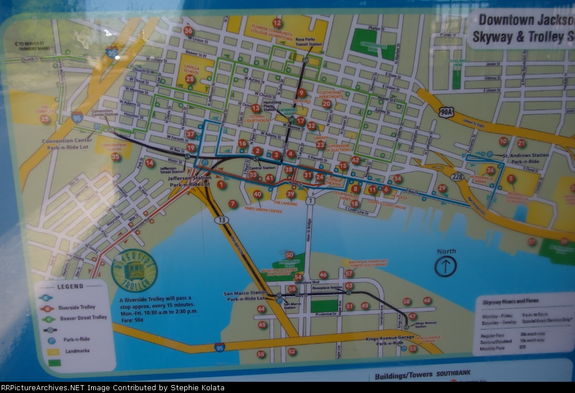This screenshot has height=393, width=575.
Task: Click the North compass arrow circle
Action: tap(445, 266)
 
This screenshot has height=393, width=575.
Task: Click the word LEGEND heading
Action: tap(70, 286)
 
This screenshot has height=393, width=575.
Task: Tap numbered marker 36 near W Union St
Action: tap(188, 31)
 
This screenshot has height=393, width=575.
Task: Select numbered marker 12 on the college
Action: tap(276, 23)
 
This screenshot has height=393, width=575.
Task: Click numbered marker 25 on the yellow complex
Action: tap(45, 119)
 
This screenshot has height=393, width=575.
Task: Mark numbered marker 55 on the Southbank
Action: tap(261, 354)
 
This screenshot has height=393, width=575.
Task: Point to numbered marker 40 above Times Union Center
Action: tap(257, 195)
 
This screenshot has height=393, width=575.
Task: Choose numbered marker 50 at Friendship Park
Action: tap(289, 255)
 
